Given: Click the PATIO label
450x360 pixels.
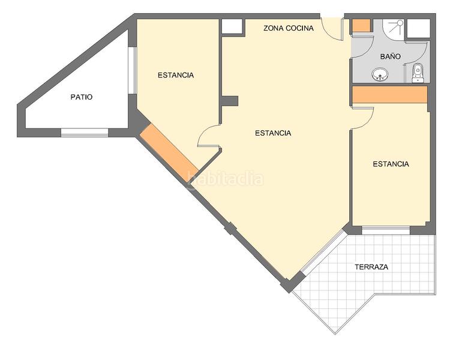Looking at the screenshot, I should tap(82, 97).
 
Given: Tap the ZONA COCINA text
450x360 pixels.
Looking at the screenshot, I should tap(289, 28).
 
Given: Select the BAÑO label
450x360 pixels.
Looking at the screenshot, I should tap(390, 56).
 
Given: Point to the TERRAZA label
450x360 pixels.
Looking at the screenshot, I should tap(371, 267).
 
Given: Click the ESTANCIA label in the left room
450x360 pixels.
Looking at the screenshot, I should tap(176, 75).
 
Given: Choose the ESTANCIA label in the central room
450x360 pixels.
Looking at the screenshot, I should tap(273, 133).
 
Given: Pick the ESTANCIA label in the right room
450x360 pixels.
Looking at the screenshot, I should tap(391, 164).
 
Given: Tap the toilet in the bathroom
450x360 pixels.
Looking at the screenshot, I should tap(418, 73).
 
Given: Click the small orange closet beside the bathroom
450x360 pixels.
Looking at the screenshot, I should tap(361, 26).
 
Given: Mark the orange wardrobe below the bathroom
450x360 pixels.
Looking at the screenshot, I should tap(389, 95).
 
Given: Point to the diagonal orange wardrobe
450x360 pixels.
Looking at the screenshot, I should tap(169, 152).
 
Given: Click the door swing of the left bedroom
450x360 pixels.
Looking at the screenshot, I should tap(207, 137).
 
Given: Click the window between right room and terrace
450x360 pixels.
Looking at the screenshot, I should tap(386, 230).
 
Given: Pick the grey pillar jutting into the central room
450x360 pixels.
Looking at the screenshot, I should tap(230, 101).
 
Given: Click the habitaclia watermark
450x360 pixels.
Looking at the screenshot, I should tap(225, 178).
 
